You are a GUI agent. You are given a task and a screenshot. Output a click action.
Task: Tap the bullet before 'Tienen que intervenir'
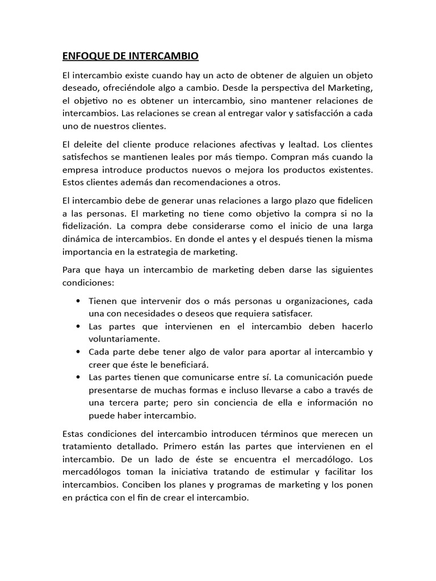pos(77,301)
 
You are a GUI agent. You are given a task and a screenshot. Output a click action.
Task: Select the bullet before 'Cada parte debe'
pos(77,352)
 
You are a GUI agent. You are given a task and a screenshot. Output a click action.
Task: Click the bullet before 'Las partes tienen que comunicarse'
pos(77,377)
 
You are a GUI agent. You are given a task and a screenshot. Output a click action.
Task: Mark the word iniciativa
pos(181,472)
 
